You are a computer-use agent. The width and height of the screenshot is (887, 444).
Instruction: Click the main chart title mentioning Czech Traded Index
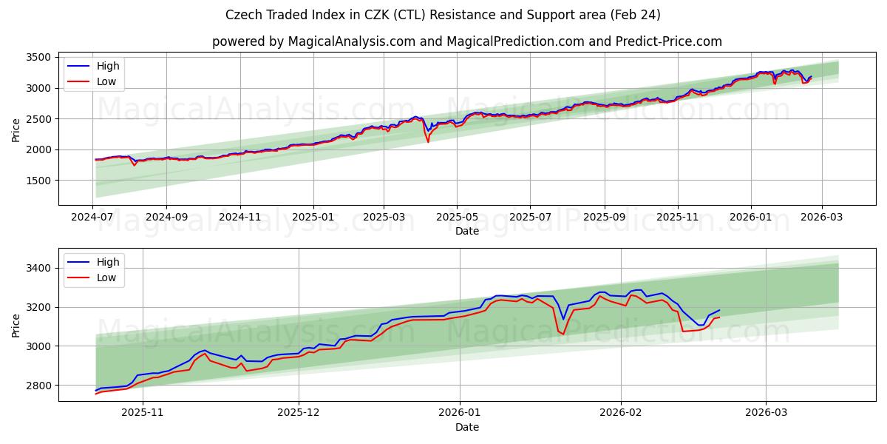click(443, 15)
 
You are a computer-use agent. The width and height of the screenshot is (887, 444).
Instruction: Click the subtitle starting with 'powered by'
click(466, 41)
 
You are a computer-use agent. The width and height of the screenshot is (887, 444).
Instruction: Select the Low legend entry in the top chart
click(106, 81)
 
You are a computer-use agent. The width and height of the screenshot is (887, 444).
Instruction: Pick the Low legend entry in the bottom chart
click(106, 277)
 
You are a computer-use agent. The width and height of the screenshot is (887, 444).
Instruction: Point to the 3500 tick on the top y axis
click(38, 58)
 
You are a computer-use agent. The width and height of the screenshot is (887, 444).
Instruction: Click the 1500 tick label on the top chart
click(38, 181)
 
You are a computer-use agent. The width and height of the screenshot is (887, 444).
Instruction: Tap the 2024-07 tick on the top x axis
click(92, 218)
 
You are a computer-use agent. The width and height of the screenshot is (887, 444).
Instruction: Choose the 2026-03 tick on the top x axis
click(821, 218)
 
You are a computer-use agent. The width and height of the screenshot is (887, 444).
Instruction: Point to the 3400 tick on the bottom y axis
click(38, 268)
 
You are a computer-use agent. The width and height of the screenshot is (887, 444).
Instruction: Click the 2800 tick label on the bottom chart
click(38, 386)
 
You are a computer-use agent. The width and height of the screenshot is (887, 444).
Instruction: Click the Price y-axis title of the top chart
click(16, 129)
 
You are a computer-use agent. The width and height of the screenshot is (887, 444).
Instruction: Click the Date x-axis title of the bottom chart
click(466, 427)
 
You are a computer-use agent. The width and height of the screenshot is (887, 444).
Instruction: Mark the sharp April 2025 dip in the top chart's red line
click(428, 141)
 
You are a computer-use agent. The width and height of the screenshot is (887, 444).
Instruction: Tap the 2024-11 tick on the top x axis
click(240, 218)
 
